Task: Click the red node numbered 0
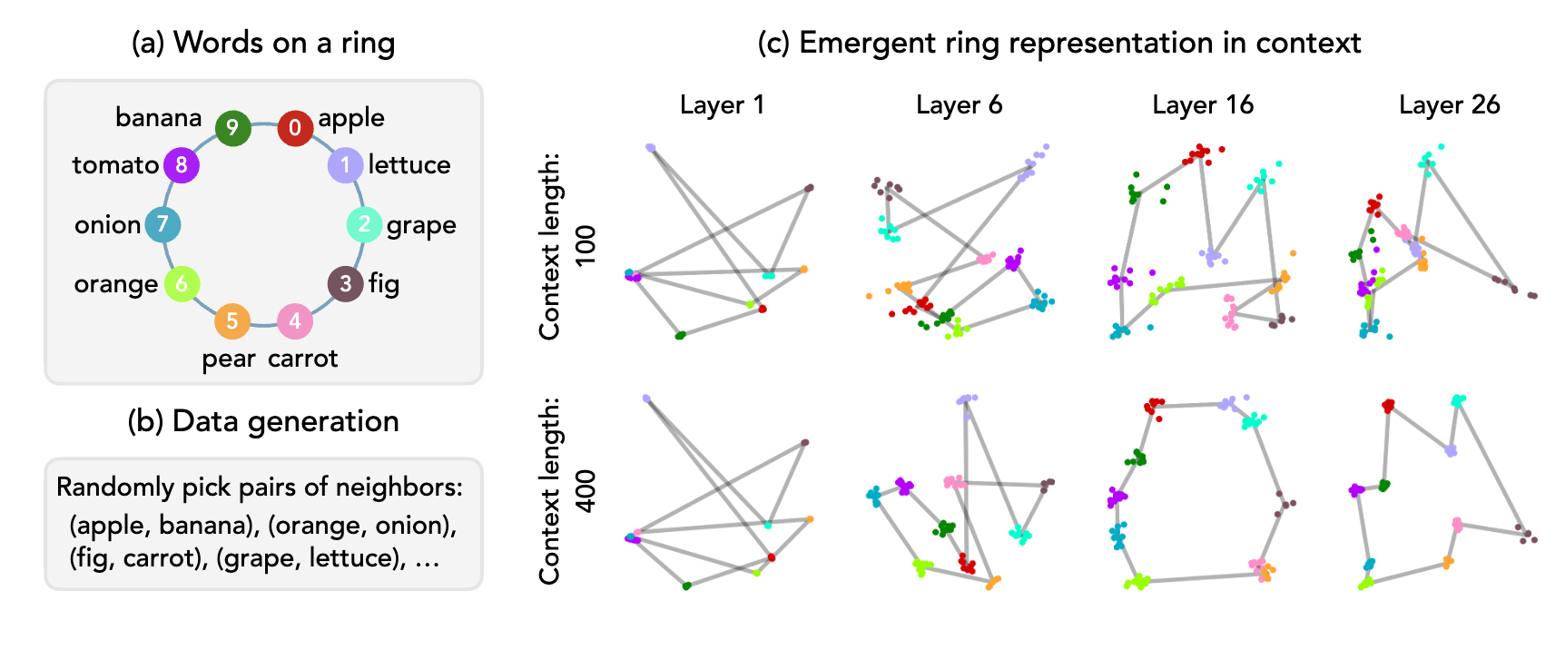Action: tap(295, 128)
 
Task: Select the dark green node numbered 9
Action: tap(232, 128)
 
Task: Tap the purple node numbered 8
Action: tap(182, 165)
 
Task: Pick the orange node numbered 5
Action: tap(232, 320)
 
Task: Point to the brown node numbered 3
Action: tap(345, 284)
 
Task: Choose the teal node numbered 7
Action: tap(162, 224)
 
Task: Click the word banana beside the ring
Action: tap(159, 118)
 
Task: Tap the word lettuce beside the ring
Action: tap(409, 165)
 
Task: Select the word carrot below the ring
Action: tap(302, 359)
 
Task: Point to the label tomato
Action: tap(115, 165)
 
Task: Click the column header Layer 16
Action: tap(1203, 105)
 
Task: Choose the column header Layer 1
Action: tap(722, 105)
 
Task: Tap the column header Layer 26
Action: tap(1449, 105)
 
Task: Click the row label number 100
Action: tap(586, 245)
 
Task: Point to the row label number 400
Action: tap(586, 490)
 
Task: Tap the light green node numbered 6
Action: tap(182, 284)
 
